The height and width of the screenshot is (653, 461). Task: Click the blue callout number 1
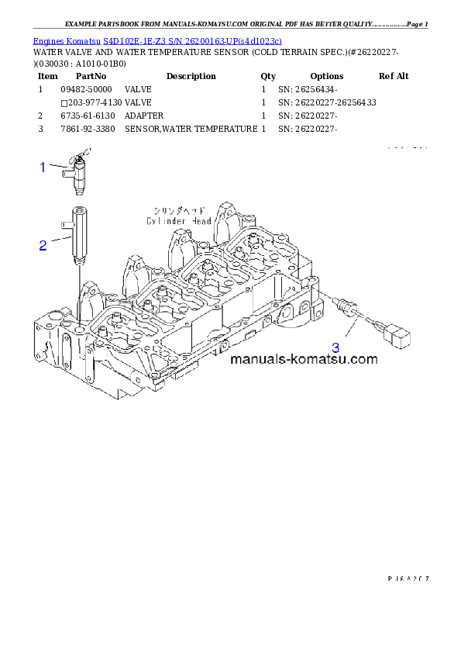[x=44, y=166]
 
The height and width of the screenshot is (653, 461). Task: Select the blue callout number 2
[x=43, y=246]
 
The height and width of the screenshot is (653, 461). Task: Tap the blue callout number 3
[x=335, y=347]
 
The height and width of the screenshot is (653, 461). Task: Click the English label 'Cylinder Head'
[x=179, y=220]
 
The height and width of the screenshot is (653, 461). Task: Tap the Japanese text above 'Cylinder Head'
[x=179, y=210]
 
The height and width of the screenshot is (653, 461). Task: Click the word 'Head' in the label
[x=199, y=220]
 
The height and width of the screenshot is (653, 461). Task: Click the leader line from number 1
[x=60, y=165]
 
